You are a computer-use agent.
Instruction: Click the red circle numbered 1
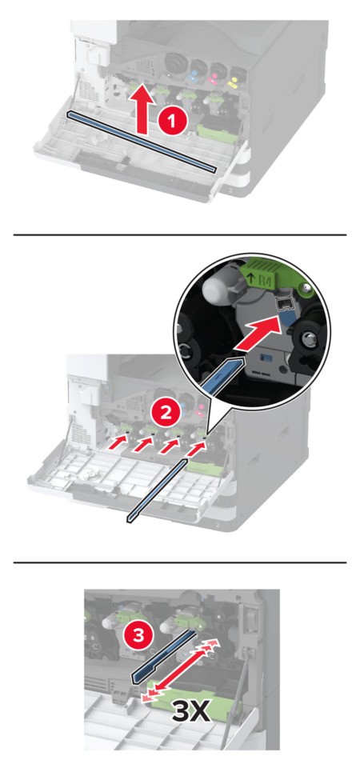172,122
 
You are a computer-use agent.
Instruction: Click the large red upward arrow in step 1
142,109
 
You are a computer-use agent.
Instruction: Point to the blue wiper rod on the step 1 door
142,142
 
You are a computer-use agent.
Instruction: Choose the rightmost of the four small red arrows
197,448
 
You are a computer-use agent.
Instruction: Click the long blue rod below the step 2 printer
158,490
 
